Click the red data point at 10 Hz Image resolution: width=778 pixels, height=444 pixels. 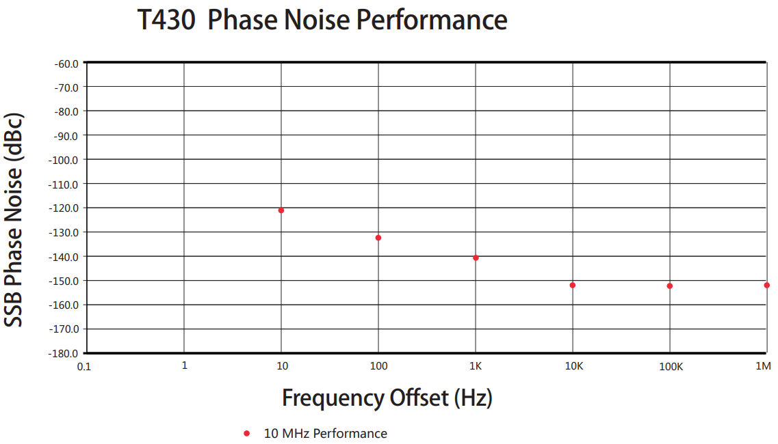[x=281, y=210]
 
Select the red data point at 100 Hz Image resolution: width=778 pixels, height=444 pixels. [x=378, y=238]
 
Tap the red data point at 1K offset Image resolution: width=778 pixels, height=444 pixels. [x=476, y=258]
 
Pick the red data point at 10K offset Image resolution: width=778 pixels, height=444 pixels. [x=573, y=285]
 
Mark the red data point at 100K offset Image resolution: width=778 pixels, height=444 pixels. [x=670, y=286]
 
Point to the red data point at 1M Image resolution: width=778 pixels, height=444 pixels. [x=767, y=285]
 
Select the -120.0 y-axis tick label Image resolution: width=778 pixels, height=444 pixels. [x=64, y=208]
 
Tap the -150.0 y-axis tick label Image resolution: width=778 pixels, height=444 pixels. [x=64, y=280]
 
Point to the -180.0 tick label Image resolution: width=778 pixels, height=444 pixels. [x=64, y=353]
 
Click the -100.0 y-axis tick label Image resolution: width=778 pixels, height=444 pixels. [x=64, y=159]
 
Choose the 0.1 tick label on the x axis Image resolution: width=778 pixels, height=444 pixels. [x=84, y=366]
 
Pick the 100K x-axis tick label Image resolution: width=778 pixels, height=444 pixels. [x=671, y=366]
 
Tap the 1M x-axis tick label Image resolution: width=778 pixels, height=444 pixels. [x=763, y=366]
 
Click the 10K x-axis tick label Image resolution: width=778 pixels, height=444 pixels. [x=573, y=366]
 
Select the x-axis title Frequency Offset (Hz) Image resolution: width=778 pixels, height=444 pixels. [x=387, y=397]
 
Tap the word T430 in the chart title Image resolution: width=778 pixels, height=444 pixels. [x=166, y=20]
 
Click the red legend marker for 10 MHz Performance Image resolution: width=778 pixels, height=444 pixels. [x=247, y=433]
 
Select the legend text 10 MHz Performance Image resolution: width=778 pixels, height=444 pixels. [x=325, y=433]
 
